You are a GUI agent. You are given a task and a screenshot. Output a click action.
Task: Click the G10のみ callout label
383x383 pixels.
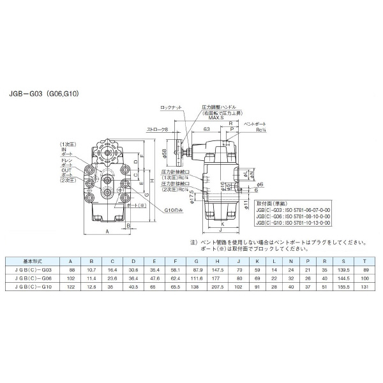[174, 210]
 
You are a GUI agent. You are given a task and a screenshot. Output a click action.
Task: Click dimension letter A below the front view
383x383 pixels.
[107, 232]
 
